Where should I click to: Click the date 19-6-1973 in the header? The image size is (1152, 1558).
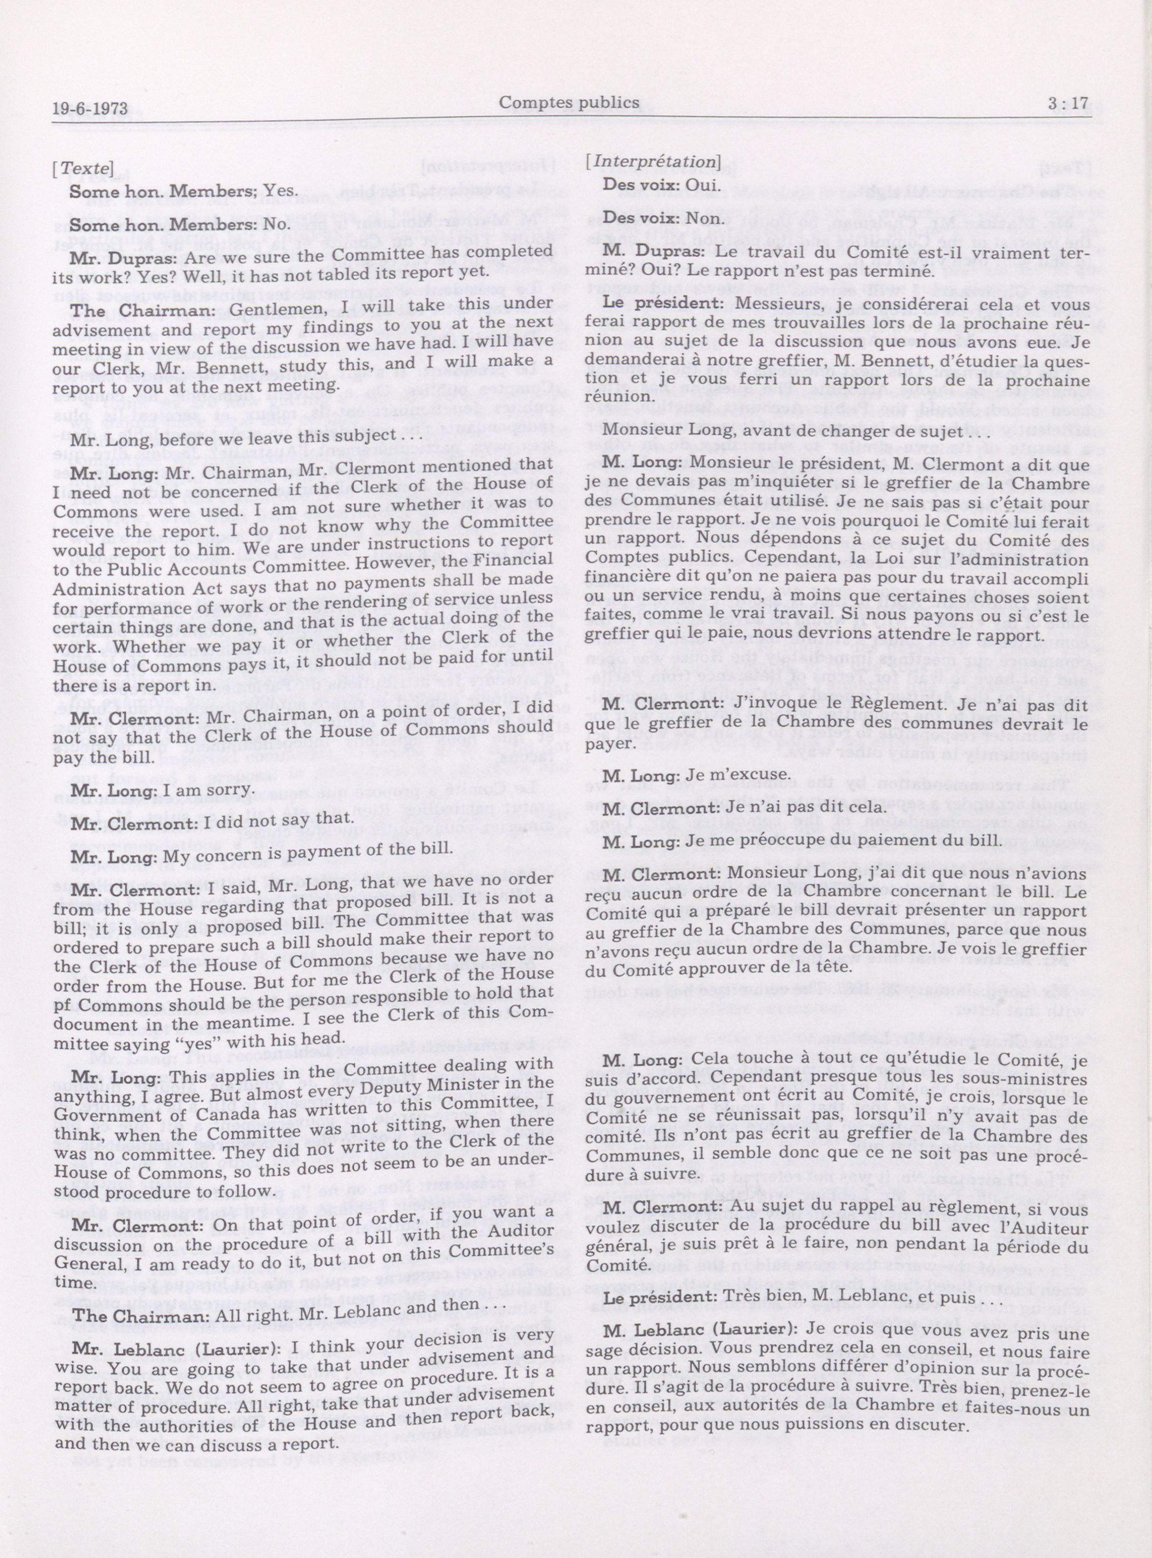[x=88, y=109]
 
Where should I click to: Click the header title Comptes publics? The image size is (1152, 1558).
[x=569, y=103]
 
